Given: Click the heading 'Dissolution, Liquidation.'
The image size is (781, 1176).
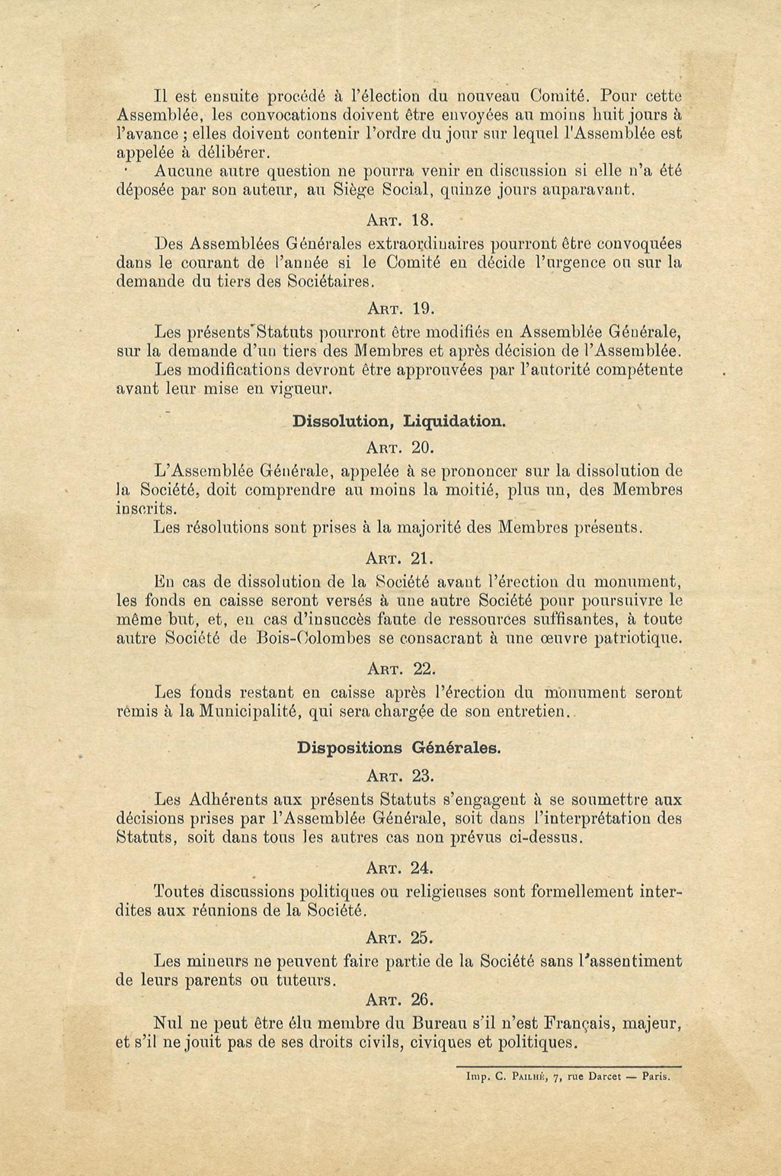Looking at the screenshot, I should click(x=399, y=422).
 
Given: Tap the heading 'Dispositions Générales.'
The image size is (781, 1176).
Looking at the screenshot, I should click(x=399, y=749).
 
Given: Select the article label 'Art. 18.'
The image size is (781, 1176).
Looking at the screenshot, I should click(x=400, y=220).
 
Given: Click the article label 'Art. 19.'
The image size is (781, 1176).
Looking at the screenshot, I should click(x=400, y=308).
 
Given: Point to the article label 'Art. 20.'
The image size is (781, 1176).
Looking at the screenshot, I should click(x=400, y=448).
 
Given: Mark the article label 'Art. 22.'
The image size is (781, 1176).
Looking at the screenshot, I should click(x=400, y=669).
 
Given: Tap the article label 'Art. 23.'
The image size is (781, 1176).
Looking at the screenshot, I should click(x=400, y=776).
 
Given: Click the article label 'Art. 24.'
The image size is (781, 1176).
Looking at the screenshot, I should click(x=400, y=868).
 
